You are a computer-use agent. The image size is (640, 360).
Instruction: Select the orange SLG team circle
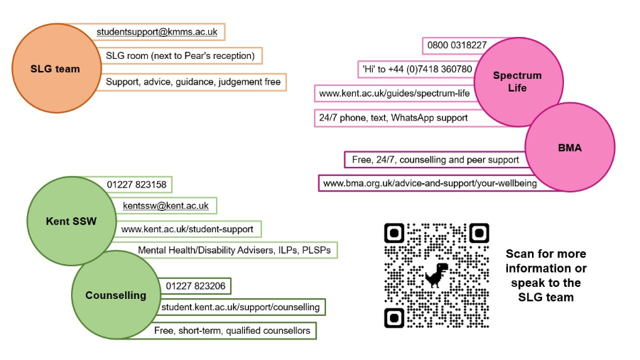[55, 69]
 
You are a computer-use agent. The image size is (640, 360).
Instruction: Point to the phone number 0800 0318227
[457, 45]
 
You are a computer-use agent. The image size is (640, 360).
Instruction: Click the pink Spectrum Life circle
[516, 81]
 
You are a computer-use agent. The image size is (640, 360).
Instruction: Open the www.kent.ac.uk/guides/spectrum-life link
[394, 93]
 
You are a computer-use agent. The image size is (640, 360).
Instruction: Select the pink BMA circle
[570, 148]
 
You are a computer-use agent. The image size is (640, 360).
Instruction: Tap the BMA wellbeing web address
[430, 183]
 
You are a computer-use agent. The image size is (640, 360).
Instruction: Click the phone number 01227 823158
[136, 185]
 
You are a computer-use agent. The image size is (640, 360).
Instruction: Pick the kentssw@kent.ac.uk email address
[166, 206]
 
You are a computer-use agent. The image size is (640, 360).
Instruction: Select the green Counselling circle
[115, 295]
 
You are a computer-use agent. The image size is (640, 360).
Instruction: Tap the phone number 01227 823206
[195, 286]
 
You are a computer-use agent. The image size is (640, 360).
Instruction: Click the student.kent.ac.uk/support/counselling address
[241, 307]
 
